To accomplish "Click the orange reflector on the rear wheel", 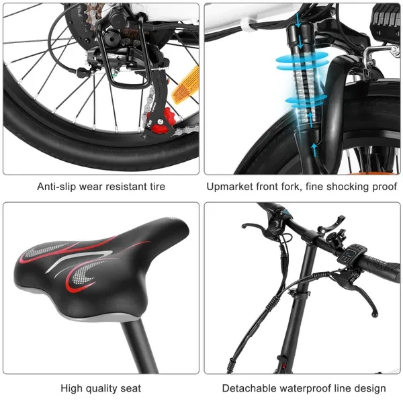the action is tap(186, 85).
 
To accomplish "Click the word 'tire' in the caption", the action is tap(156, 186).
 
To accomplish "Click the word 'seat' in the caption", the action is tap(131, 388).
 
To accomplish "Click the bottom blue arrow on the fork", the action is tap(314, 150).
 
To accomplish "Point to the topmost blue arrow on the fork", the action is tap(298, 21).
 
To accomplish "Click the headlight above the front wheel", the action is tap(386, 20).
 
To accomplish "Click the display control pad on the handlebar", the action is tap(351, 254).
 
